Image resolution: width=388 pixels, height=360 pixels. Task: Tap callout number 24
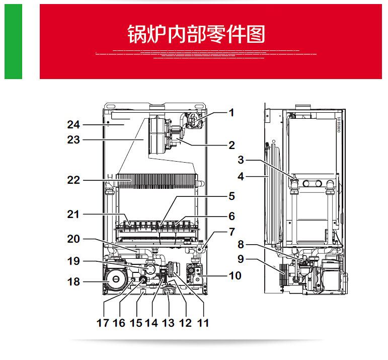pos(74,124)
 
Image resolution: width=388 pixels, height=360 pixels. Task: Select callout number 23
pos(74,140)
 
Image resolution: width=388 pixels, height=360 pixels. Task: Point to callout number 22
pos(74,180)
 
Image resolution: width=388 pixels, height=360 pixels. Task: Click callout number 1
pos(231,113)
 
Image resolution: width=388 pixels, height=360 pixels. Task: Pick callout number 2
pos(231,146)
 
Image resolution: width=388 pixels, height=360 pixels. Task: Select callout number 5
pos(231,196)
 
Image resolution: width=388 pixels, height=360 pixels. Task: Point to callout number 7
pos(231,232)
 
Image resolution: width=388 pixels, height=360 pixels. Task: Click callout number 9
pos(241,260)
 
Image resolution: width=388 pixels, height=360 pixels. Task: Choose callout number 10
pos(235,275)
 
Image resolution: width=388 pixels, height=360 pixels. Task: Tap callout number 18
pos(74,281)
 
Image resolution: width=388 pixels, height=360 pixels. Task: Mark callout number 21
pos(74,215)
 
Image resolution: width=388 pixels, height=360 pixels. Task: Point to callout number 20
pos(74,240)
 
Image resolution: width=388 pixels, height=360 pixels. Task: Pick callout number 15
pos(136,322)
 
